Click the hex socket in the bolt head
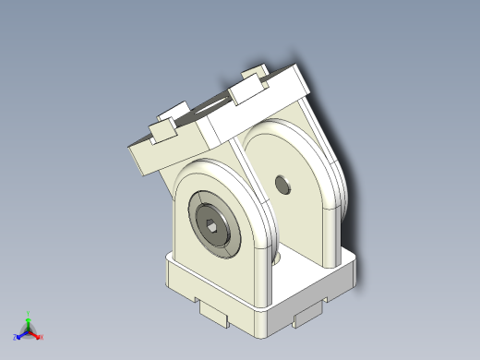[213, 225]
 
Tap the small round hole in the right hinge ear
[282, 184]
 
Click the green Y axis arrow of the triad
[29, 320]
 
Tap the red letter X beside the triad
[42, 338]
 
